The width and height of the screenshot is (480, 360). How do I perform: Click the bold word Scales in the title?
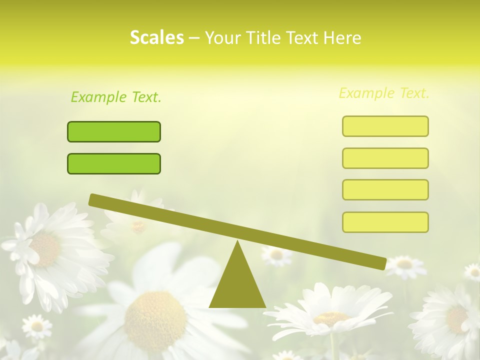[156, 37]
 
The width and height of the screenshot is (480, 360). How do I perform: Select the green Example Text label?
[116, 97]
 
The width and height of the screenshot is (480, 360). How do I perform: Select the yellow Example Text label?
[384, 93]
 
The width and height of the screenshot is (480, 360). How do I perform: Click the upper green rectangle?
[114, 131]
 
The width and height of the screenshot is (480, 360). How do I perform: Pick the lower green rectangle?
[114, 163]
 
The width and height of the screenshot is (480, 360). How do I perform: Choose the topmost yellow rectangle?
[385, 126]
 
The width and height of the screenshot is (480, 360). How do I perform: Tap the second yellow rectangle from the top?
[385, 158]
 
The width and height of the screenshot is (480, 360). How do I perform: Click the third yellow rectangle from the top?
[385, 190]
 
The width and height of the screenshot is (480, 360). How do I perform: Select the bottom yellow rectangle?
[385, 222]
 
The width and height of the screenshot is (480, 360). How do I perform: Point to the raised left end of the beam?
[92, 199]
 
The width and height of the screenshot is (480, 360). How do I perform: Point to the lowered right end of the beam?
[382, 263]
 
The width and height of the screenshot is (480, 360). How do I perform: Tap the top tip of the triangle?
[237, 242]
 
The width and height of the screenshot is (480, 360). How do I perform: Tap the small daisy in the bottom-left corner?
[36, 326]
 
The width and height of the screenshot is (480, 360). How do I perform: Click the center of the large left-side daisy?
[45, 250]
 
